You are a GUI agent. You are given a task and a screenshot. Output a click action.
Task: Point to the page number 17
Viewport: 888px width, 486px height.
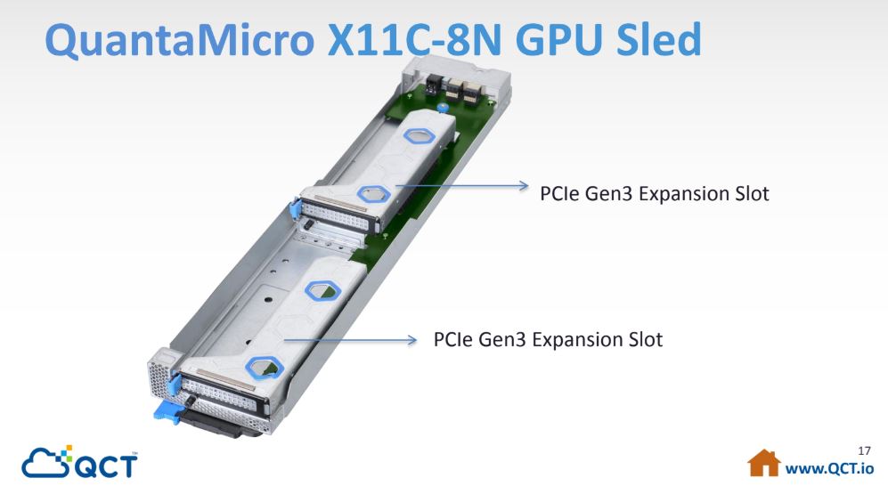(x=864, y=451)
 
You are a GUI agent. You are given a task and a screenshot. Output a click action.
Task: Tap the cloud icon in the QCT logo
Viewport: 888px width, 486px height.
(x=46, y=461)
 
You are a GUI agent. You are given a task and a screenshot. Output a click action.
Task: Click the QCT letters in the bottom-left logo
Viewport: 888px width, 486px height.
(x=107, y=466)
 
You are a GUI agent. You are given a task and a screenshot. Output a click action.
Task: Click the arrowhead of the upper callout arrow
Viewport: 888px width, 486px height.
(x=523, y=185)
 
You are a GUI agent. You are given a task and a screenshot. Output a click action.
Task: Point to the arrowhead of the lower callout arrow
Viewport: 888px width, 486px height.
(x=411, y=340)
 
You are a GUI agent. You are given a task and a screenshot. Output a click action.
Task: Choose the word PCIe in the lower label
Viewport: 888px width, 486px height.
(x=453, y=339)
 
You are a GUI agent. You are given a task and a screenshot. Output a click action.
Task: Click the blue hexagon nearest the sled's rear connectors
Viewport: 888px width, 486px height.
(x=420, y=136)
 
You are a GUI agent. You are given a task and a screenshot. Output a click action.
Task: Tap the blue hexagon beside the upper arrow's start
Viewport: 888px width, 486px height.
(x=374, y=194)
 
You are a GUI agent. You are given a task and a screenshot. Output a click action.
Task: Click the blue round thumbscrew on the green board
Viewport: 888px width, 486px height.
(x=444, y=106)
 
